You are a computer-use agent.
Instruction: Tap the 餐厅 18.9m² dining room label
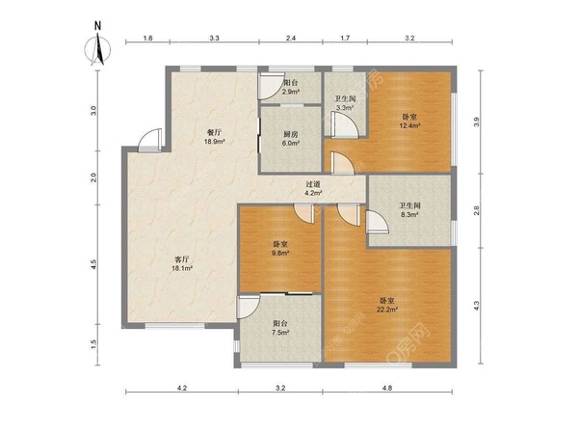(214, 136)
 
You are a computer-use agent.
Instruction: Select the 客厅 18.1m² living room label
(182, 264)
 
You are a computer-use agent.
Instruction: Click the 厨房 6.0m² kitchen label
(291, 138)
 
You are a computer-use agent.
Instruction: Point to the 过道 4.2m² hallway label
(313, 188)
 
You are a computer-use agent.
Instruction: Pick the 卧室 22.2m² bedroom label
(387, 306)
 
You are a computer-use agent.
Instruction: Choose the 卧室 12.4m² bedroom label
(409, 122)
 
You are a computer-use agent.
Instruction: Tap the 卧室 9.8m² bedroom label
(280, 249)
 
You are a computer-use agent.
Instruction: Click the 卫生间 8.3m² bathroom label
(409, 209)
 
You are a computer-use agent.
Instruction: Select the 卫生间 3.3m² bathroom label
(345, 103)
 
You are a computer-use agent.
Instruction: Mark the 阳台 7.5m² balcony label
(280, 328)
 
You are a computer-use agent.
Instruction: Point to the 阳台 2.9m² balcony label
(291, 87)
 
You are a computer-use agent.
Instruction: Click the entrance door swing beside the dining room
(150, 140)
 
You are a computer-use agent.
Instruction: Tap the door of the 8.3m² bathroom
(377, 222)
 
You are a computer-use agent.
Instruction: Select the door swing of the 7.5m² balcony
(249, 307)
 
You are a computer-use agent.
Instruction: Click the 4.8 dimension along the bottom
(387, 388)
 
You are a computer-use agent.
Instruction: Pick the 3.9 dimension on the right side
(476, 122)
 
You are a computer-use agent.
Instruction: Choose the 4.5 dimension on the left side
(93, 264)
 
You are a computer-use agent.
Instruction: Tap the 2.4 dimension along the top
(291, 38)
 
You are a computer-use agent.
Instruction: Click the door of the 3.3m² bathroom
(344, 124)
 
